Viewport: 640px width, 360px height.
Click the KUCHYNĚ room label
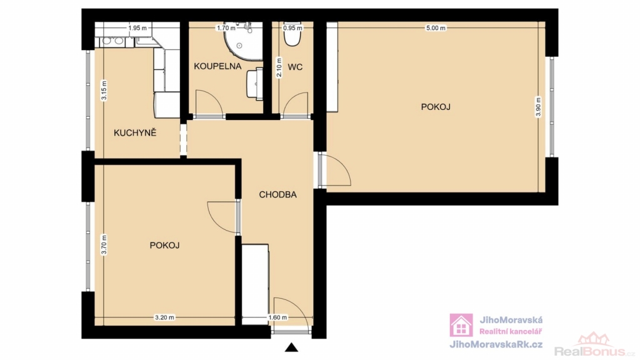(x=135, y=132)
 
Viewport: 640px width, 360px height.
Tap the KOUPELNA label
(x=217, y=66)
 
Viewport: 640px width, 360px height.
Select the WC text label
(x=295, y=67)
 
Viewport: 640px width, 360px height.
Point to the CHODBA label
(x=278, y=195)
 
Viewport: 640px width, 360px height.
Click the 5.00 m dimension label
(x=436, y=28)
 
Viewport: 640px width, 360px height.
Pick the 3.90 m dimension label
(x=538, y=107)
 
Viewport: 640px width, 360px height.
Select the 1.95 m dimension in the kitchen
(x=137, y=28)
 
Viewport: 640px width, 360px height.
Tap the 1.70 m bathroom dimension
(x=226, y=28)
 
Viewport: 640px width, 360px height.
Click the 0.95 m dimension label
(x=292, y=28)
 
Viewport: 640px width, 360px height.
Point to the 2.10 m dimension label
(x=279, y=67)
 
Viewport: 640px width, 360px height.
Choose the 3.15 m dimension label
(x=104, y=91)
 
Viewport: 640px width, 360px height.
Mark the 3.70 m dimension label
(x=104, y=245)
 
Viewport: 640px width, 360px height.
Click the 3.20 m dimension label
(x=164, y=317)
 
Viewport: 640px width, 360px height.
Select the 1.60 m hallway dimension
(x=277, y=317)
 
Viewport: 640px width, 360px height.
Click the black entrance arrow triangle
(x=291, y=347)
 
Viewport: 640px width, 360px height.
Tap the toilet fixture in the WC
(x=292, y=35)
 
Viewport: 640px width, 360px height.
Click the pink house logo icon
(x=461, y=325)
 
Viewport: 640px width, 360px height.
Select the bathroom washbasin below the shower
(x=255, y=84)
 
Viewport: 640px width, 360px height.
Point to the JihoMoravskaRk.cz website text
(x=496, y=344)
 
